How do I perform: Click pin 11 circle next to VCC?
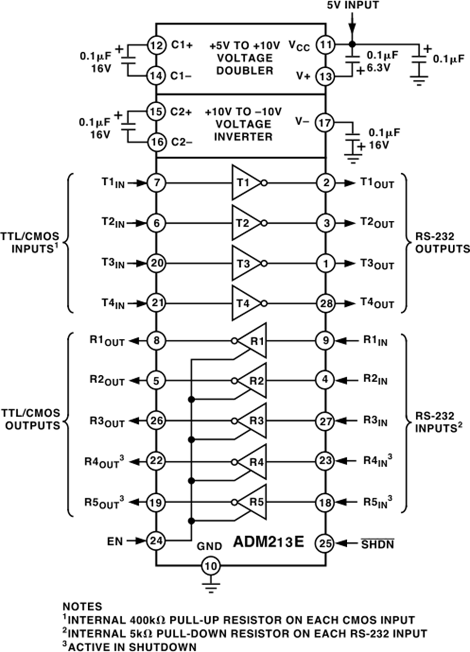(x=326, y=45)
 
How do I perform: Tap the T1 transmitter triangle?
(x=246, y=183)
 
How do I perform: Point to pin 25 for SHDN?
(x=326, y=543)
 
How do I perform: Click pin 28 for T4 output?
(x=326, y=303)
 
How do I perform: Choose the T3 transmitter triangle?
(x=246, y=264)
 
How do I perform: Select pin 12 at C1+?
(x=156, y=45)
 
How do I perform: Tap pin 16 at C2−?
(x=156, y=141)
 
